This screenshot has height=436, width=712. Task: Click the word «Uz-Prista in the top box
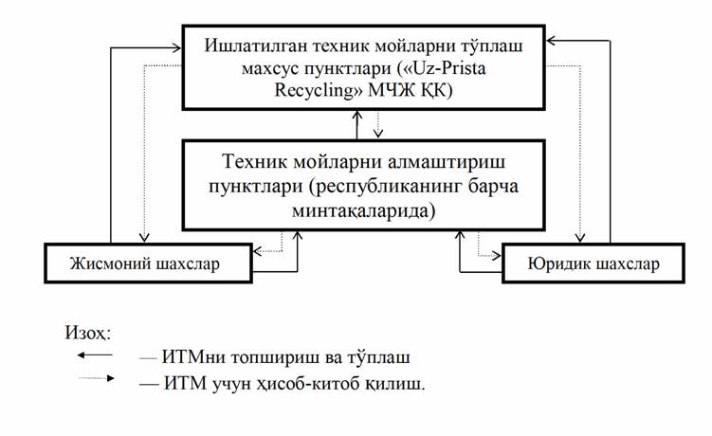pyautogui.click(x=442, y=68)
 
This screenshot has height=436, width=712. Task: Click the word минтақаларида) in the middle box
pyautogui.click(x=364, y=211)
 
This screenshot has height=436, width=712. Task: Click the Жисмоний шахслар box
pyautogui.click(x=148, y=263)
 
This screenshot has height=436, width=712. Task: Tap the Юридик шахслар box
pyautogui.click(x=593, y=263)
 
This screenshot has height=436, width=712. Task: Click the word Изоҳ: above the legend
pyautogui.click(x=88, y=333)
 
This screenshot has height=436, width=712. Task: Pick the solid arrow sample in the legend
pyautogui.click(x=95, y=354)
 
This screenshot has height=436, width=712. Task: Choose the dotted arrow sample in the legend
pyautogui.click(x=97, y=378)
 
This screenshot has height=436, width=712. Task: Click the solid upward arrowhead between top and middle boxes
pyautogui.click(x=357, y=115)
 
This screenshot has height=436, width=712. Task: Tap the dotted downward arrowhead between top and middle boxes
pyautogui.click(x=377, y=133)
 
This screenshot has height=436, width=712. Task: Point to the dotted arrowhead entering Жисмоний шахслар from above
pyautogui.click(x=144, y=237)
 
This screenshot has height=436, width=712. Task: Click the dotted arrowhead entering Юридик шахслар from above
pyautogui.click(x=580, y=237)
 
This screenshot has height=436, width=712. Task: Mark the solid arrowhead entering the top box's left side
pyautogui.click(x=176, y=46)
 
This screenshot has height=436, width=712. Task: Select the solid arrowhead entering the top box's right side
pyautogui.click(x=551, y=41)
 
